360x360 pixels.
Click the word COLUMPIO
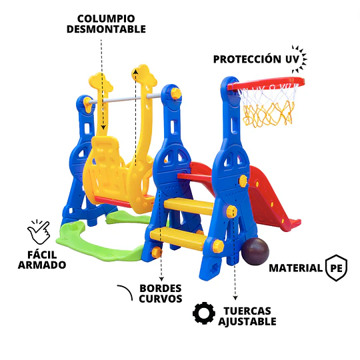tap(106, 19)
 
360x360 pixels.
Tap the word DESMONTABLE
tap(106, 29)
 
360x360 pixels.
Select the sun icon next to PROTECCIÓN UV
tap(299, 59)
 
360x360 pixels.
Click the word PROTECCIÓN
tap(247, 59)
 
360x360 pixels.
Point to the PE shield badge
tap(337, 268)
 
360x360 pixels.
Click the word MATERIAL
tap(296, 268)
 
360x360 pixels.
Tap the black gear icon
tap(204, 313)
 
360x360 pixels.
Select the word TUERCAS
tap(247, 311)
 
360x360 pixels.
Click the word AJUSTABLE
tap(247, 321)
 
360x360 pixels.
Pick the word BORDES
tap(161, 289)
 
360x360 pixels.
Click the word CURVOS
tap(161, 299)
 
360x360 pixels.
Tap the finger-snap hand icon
tap(39, 233)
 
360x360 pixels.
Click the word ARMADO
tap(42, 265)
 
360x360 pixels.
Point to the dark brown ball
tap(255, 251)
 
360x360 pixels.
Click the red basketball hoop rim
tap(266, 83)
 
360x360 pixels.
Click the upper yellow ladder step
tap(189, 206)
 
